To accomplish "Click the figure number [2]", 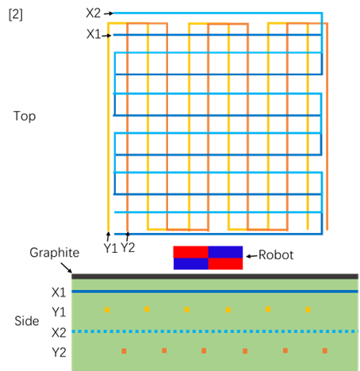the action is click(x=16, y=14).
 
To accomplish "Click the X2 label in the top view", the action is click(x=94, y=13).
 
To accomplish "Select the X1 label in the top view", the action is click(x=94, y=34).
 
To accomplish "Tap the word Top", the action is click(x=25, y=117).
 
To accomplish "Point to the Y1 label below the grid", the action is click(x=110, y=248).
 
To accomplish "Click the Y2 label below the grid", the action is click(x=128, y=247).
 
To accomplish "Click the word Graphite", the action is click(x=55, y=253).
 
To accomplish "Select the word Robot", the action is click(x=276, y=255).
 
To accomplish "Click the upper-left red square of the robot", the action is click(x=191, y=252).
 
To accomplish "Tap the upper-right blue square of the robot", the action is click(x=225, y=252).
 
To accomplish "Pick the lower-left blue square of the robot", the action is click(x=191, y=264).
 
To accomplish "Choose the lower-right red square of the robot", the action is click(x=225, y=264).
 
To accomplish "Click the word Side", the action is click(x=27, y=321).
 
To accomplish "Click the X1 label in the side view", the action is click(x=59, y=293).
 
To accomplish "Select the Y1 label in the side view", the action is click(x=59, y=312).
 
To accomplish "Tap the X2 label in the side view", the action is click(x=59, y=333).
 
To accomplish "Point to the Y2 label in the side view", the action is click(x=59, y=353).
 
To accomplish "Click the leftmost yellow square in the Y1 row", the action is click(x=107, y=310).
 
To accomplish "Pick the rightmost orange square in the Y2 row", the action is click(x=325, y=350).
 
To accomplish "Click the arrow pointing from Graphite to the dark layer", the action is click(x=66, y=267).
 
